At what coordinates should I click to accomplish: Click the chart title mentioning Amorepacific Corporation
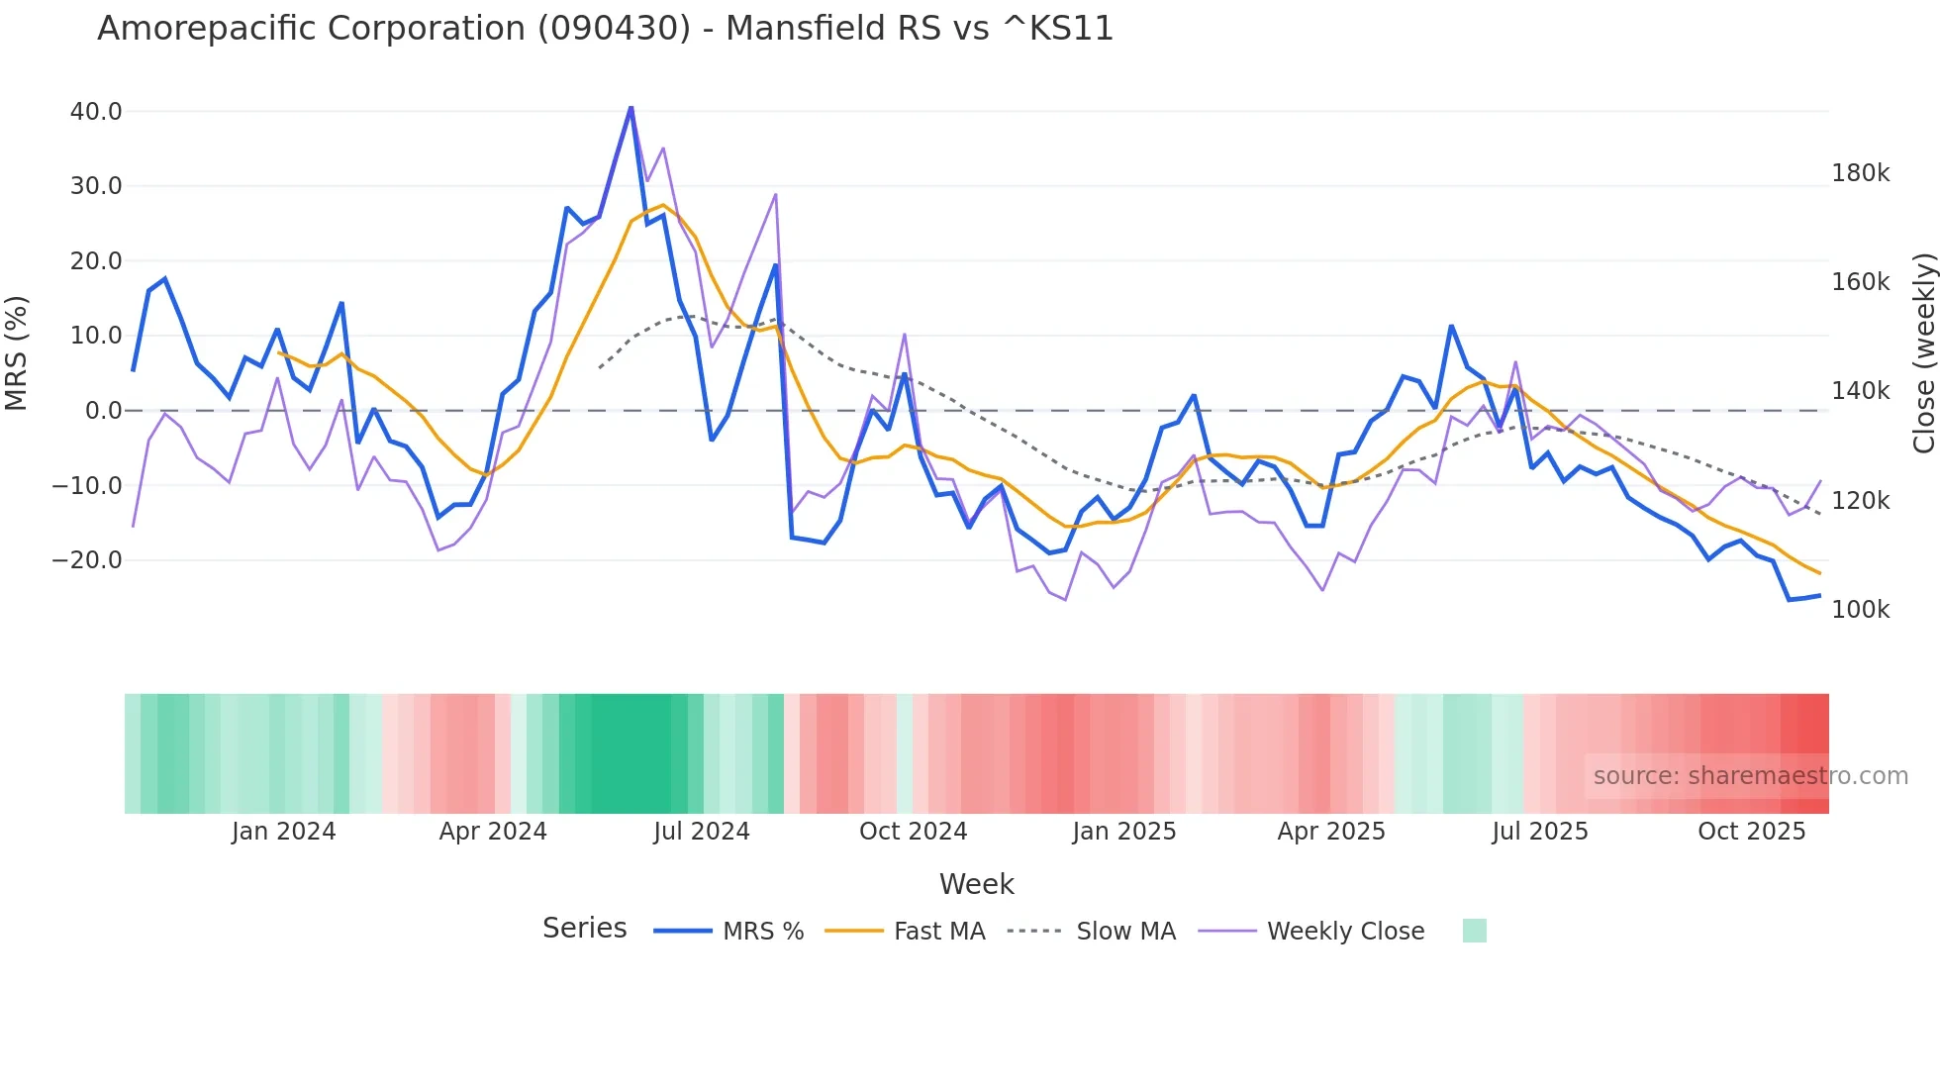605,29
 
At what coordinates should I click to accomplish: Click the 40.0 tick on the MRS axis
96,112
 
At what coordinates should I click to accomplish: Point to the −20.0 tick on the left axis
87,560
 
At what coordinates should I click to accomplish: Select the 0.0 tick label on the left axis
103,411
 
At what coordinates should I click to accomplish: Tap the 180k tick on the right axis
1860,173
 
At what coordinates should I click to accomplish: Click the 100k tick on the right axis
1860,610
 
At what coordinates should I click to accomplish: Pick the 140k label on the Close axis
1860,391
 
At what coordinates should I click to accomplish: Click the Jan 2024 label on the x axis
284,832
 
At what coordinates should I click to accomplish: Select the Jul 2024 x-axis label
702,832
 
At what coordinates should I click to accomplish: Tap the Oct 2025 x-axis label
1751,832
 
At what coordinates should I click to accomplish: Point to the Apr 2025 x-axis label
1331,832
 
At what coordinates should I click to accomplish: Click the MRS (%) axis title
17,352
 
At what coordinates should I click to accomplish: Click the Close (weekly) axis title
1923,352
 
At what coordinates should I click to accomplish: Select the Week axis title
976,884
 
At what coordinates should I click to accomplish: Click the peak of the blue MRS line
631,107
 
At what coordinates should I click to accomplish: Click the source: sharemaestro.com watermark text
1750,776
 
